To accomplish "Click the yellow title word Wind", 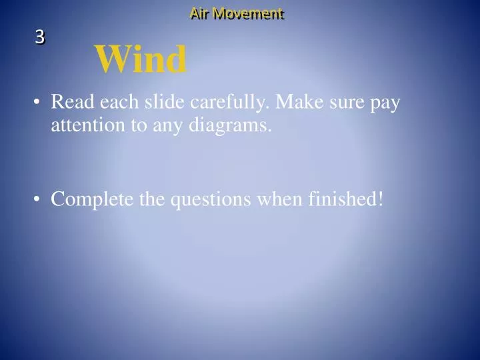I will click(x=141, y=60).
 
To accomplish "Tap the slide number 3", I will click(x=40, y=38).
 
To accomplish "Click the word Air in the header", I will click(x=199, y=13).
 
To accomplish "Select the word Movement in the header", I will click(x=248, y=13).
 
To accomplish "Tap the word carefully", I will click(x=229, y=104).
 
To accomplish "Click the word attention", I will click(x=85, y=125).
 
